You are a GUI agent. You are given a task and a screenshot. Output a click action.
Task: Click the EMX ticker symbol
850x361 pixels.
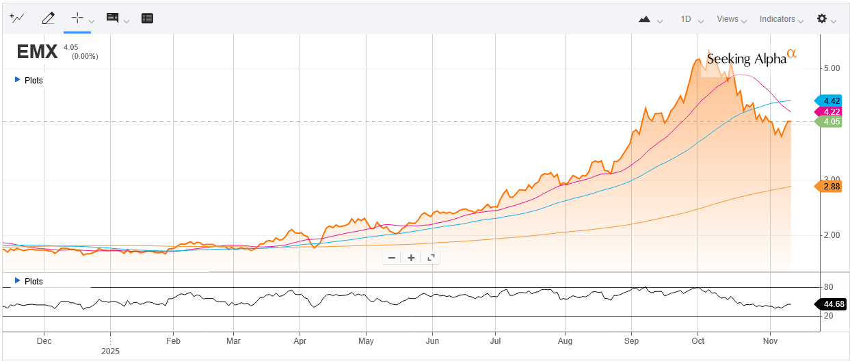(x=37, y=52)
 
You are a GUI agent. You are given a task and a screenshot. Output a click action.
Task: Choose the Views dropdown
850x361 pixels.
(x=731, y=19)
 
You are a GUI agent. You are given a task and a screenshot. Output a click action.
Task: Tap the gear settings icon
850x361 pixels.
(x=822, y=18)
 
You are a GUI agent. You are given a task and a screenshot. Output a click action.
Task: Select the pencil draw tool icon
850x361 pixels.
(x=48, y=18)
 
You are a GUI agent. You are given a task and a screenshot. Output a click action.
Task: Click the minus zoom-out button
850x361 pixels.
(x=392, y=258)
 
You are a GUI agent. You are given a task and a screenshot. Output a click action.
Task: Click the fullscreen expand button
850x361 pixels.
(x=431, y=258)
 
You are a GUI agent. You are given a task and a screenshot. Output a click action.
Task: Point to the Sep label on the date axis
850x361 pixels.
(x=632, y=340)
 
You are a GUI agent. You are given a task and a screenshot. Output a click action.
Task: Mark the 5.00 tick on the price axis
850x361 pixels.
(x=813, y=68)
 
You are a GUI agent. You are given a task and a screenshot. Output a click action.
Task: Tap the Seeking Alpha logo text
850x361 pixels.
(x=747, y=59)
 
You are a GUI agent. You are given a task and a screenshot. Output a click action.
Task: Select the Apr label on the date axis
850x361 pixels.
(x=300, y=340)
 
